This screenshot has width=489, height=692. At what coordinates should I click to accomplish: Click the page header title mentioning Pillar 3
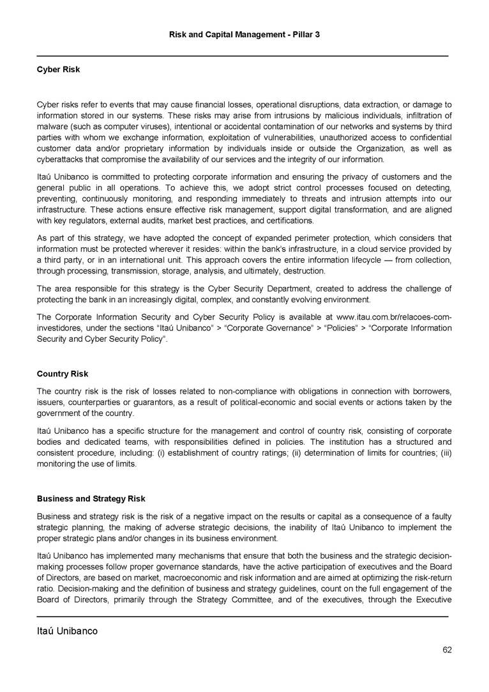click(x=244, y=33)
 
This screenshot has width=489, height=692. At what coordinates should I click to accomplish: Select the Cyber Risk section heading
click(x=58, y=69)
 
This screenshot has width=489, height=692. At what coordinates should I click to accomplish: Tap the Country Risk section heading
click(x=63, y=373)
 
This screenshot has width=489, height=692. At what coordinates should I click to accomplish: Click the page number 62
click(x=447, y=650)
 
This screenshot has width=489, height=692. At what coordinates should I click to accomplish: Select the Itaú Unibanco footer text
click(x=67, y=631)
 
